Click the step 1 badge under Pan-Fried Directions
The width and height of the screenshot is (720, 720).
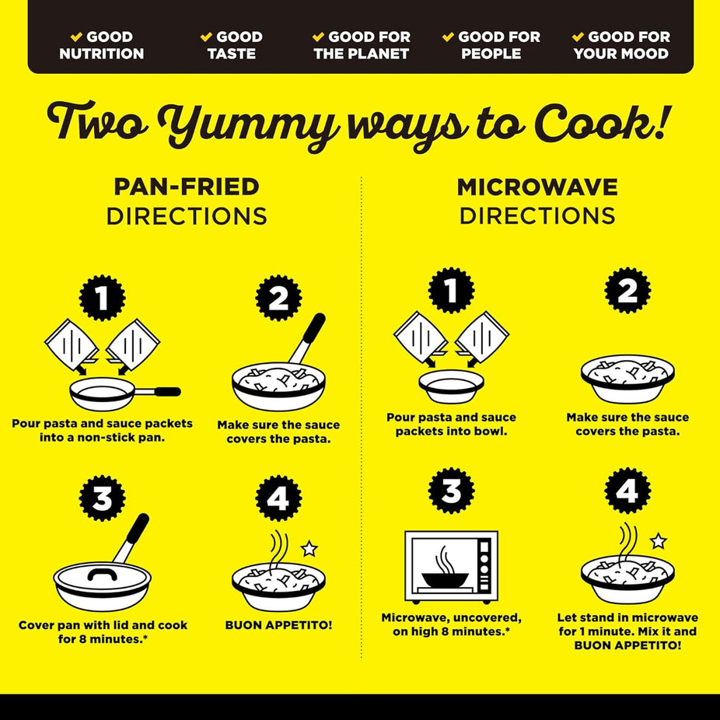[x=102, y=298]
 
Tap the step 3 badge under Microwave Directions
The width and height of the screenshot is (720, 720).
[x=452, y=491]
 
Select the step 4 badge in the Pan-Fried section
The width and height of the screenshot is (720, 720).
[x=278, y=498]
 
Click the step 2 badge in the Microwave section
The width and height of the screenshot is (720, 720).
[x=627, y=290]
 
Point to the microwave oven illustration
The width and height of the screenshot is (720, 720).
[x=452, y=567]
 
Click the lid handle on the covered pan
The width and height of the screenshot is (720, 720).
[x=102, y=574]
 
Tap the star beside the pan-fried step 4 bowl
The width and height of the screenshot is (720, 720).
[x=309, y=548]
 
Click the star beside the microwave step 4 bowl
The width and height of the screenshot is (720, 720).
[x=659, y=541]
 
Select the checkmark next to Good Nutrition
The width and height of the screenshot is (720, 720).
[x=76, y=37]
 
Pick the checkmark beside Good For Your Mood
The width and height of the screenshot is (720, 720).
[x=578, y=37]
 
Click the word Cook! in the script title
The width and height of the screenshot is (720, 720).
[x=601, y=123]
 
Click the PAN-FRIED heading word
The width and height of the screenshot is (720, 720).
[x=187, y=187]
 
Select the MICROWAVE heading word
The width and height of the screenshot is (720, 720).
[x=537, y=187]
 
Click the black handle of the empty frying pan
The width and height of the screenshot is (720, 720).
[x=167, y=392]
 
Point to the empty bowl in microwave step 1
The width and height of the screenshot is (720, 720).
[x=452, y=386]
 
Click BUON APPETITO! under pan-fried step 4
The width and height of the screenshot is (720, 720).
[x=278, y=625]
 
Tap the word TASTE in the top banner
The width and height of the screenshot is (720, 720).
[x=232, y=54]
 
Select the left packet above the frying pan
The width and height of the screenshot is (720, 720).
[x=72, y=344]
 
